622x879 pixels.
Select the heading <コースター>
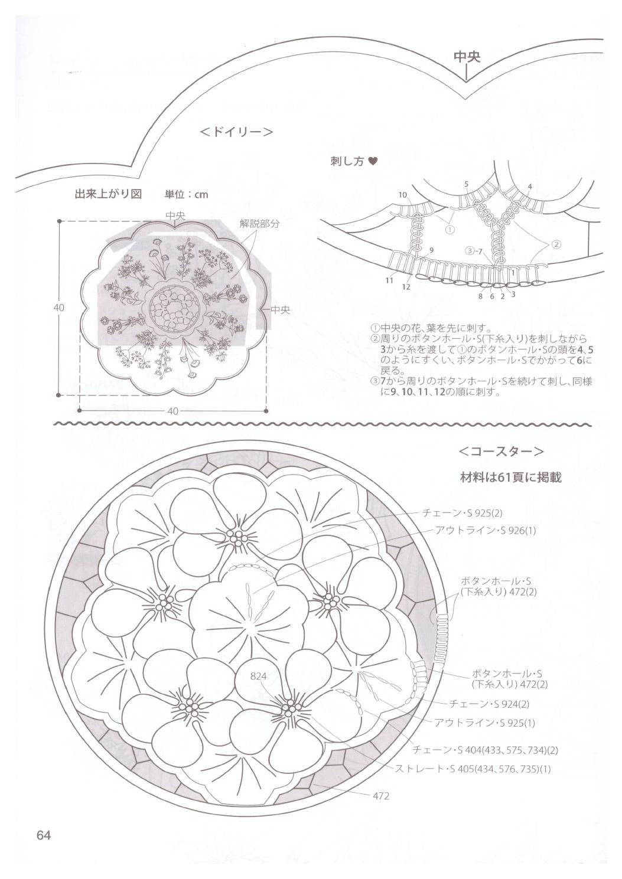coord(501,452)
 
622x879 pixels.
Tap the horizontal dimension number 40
coord(172,411)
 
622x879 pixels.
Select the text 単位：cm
coord(187,194)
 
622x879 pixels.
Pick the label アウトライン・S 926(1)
coord(485,531)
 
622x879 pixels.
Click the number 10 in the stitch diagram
coord(403,195)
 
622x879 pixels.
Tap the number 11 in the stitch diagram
coord(389,280)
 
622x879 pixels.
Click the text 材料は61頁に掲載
coord(511,478)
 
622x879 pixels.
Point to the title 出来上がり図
coord(108,194)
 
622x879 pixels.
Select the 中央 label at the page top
coord(467,57)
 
